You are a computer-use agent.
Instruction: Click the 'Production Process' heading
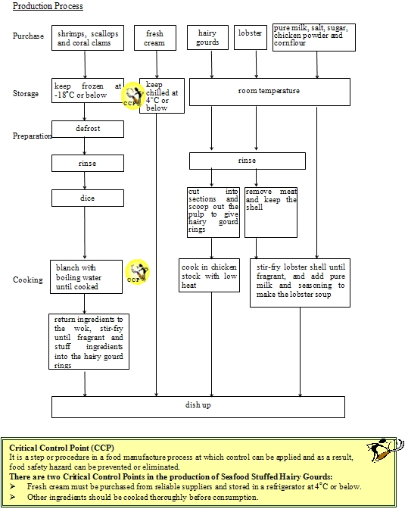click(x=48, y=6)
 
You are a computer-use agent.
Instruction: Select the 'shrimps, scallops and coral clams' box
click(x=87, y=39)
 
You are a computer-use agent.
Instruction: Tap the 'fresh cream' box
click(x=154, y=39)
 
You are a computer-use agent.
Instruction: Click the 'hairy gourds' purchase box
click(x=207, y=38)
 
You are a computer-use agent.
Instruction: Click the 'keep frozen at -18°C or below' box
click(x=87, y=91)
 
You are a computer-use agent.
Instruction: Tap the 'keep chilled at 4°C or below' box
click(x=162, y=96)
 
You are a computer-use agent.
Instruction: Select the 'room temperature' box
click(x=269, y=92)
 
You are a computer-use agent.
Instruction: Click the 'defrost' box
click(x=87, y=129)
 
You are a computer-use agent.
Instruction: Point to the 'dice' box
click(x=87, y=198)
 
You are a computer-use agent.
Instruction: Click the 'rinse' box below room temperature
click(x=247, y=161)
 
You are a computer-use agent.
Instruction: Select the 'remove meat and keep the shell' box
click(x=271, y=211)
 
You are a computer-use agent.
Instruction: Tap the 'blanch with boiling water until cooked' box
click(x=87, y=277)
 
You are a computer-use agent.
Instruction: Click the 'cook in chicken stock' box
click(x=210, y=276)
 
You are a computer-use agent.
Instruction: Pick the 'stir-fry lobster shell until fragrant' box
click(x=300, y=282)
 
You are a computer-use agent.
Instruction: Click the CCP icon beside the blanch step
click(x=137, y=272)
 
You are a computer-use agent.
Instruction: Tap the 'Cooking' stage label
click(x=27, y=279)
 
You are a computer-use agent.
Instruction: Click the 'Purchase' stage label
click(x=28, y=36)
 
